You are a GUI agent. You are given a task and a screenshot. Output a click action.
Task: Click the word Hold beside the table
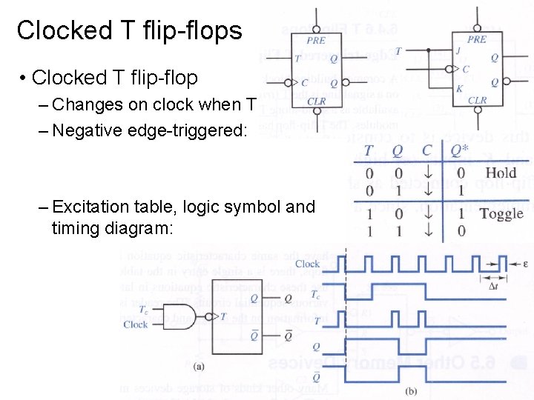point(501,173)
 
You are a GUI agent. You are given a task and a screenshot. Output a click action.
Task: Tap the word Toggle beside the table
point(501,214)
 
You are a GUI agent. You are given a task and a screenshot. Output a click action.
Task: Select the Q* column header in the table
point(460,151)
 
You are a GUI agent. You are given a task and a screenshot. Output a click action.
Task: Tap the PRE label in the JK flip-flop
point(478,40)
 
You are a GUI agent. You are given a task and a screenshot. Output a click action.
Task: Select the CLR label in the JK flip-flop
point(478,100)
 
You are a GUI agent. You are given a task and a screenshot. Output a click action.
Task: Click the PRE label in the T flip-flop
point(316,41)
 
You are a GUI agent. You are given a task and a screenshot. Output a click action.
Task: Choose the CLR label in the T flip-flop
point(317,101)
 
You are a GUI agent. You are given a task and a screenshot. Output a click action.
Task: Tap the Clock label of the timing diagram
point(307,264)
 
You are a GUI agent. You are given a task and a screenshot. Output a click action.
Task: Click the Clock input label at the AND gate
point(136,324)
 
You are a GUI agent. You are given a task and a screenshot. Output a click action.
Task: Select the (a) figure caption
point(199,366)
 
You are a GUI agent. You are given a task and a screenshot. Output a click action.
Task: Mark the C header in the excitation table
point(426,151)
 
